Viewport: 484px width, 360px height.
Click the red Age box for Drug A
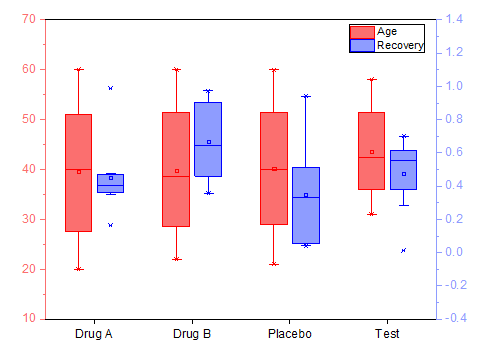(79, 172)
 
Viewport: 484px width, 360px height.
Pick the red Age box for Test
(371, 151)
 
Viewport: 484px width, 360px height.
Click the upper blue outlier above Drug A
(110, 88)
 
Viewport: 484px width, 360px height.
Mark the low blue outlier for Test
(403, 250)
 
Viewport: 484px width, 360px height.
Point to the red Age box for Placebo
(274, 168)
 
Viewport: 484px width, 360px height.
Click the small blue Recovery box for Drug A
(110, 183)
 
